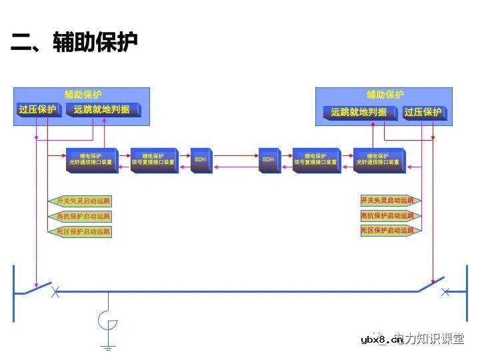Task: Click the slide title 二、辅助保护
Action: [74, 44]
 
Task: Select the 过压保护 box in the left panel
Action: [38, 110]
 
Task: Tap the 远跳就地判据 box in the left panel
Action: [102, 110]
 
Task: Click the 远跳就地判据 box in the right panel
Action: [359, 112]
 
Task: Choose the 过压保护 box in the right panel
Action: [423, 112]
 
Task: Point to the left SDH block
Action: [201, 160]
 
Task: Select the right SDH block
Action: [268, 160]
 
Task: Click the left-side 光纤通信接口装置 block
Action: [91, 160]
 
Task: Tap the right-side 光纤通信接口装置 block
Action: [378, 160]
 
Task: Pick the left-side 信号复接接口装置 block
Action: [154, 160]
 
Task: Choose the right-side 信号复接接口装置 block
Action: [316, 160]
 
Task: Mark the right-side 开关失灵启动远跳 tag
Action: [387, 200]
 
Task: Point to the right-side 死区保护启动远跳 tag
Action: [387, 231]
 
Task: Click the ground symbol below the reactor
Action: [108, 346]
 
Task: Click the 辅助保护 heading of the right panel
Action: [385, 95]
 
